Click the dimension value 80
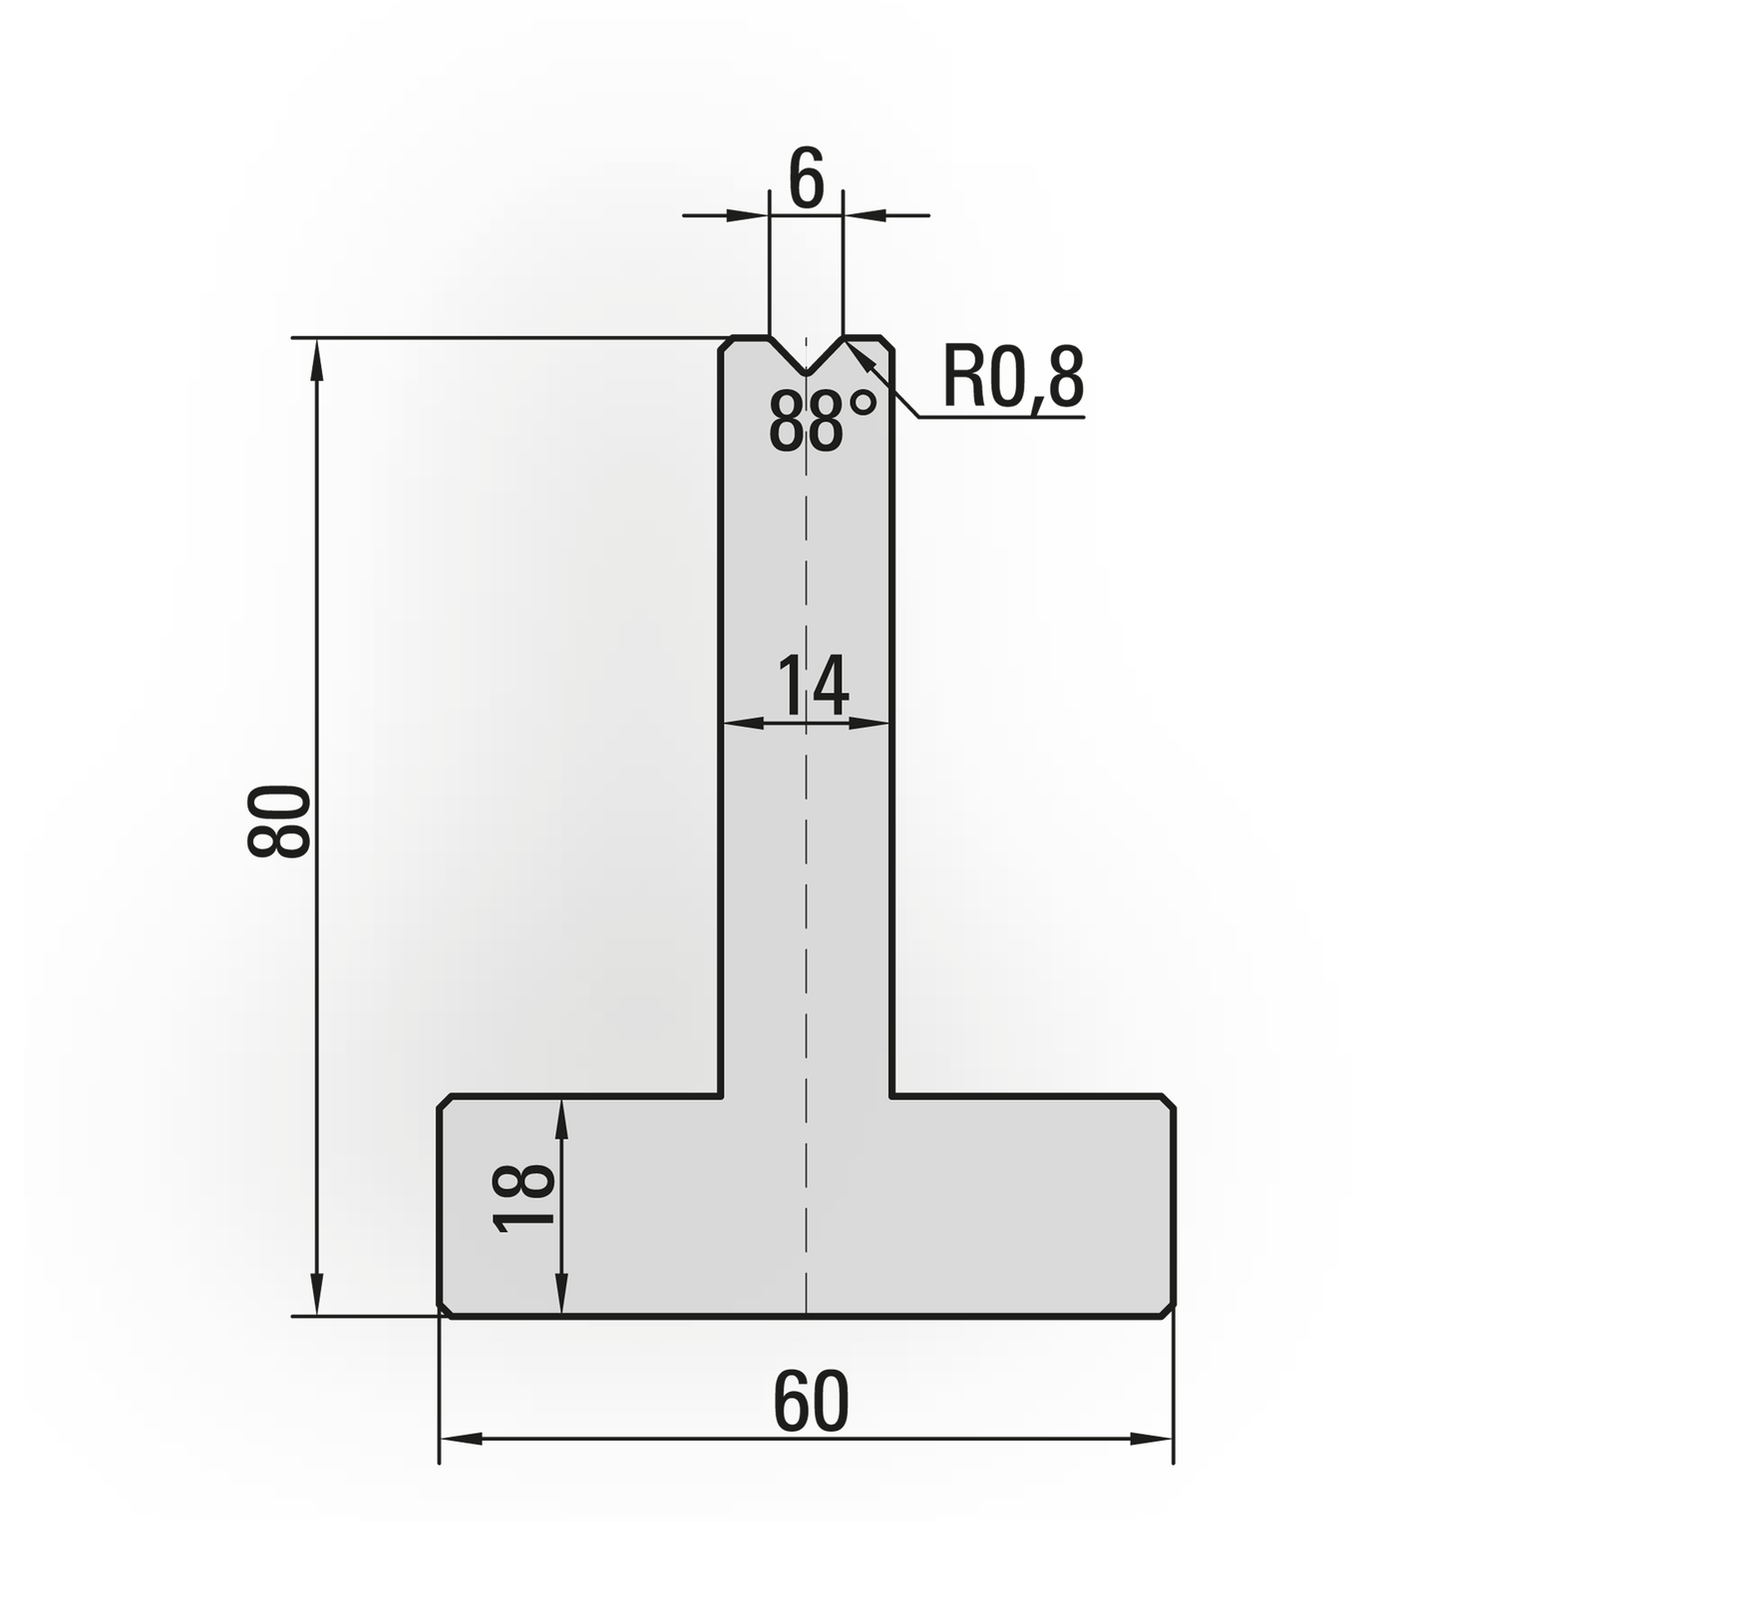coord(279,821)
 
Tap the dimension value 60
coord(811,1401)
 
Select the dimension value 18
coord(523,1198)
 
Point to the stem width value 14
coord(812,685)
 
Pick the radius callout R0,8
coord(1012,378)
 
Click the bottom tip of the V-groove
coord(806,374)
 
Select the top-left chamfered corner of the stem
coord(727,343)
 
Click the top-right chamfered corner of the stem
coord(885,343)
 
